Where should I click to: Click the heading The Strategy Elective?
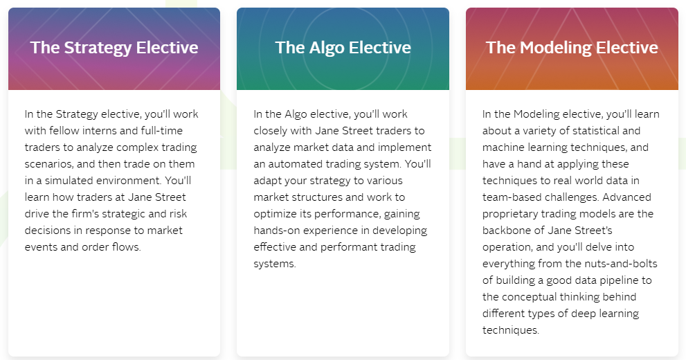coord(114,48)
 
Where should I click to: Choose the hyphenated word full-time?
coord(162,130)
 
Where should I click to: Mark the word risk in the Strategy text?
coord(178,213)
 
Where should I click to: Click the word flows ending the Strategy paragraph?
coord(127,246)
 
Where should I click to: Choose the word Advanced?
coord(626,197)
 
